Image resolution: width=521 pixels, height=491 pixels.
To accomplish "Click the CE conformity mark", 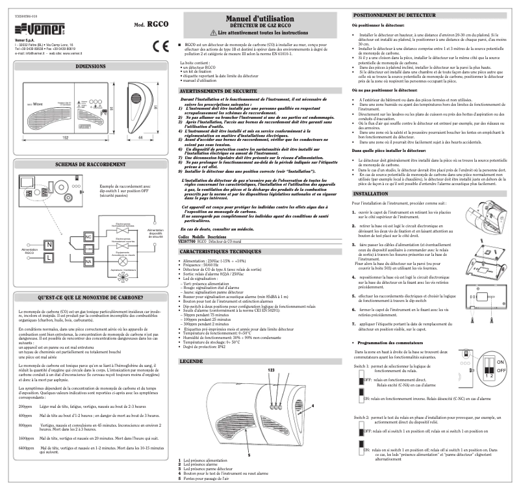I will point(158,46).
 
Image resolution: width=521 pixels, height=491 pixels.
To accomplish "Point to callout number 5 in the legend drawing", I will point(249,436).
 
